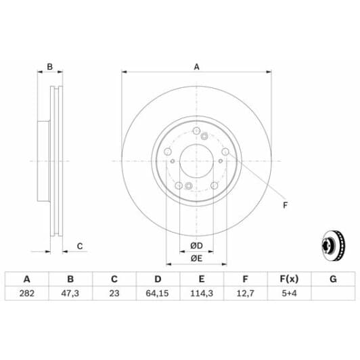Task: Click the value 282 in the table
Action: pyautogui.click(x=27, y=294)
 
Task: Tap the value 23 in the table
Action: pyautogui.click(x=114, y=294)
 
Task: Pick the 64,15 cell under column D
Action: pyautogui.click(x=158, y=294)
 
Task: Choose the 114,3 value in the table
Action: pyautogui.click(x=202, y=294)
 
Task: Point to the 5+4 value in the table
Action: pyautogui.click(x=289, y=294)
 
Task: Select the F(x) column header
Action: pyautogui.click(x=289, y=279)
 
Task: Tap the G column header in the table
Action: pyautogui.click(x=332, y=279)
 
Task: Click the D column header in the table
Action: pyautogui.click(x=158, y=279)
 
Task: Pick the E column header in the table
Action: pyautogui.click(x=202, y=279)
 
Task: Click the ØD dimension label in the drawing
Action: pyautogui.click(x=196, y=244)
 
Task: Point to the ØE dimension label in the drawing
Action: pyautogui.click(x=196, y=258)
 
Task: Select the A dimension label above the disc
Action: pyautogui.click(x=197, y=66)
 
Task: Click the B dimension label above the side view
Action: pyautogui.click(x=49, y=66)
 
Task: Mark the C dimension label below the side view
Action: pyautogui.click(x=79, y=246)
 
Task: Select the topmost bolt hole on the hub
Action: pyautogui.click(x=196, y=133)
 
